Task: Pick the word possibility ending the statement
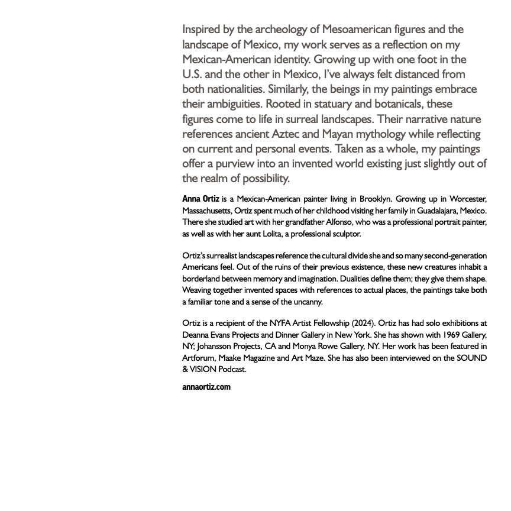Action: coord(260,179)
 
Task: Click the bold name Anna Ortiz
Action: coord(200,199)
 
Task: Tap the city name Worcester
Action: coord(466,199)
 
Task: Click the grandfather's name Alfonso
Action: coord(339,222)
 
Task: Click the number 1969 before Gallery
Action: coord(452,335)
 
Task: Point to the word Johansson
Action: coord(216,347)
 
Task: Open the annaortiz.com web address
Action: coord(206,387)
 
